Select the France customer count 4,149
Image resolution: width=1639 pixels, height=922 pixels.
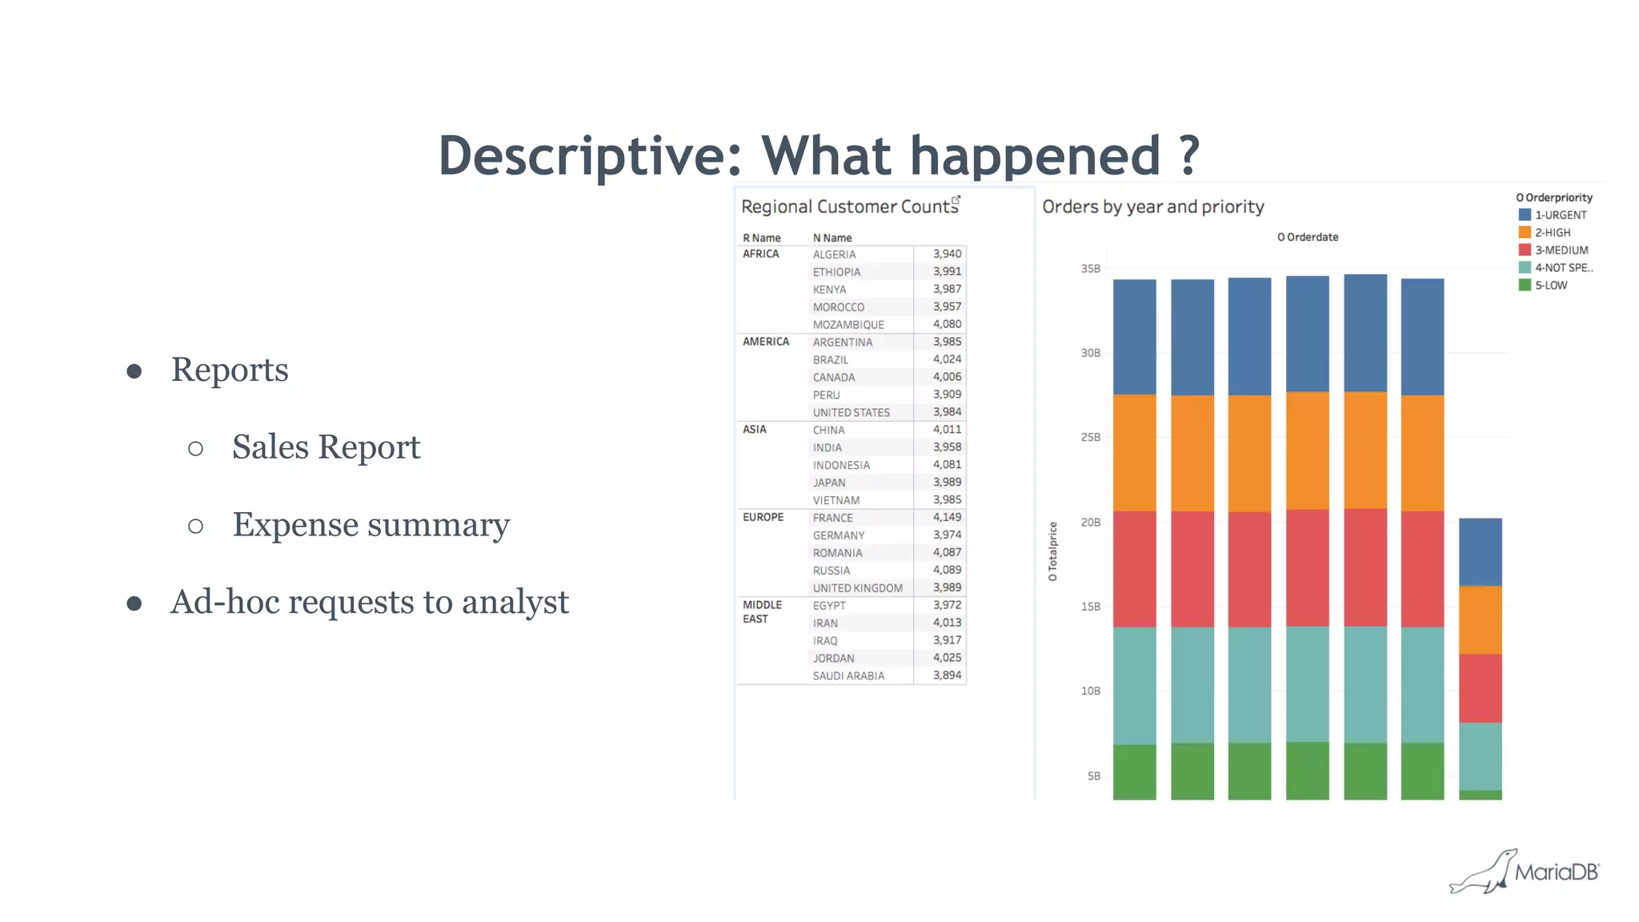(947, 517)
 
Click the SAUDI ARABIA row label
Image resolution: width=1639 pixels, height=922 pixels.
(848, 675)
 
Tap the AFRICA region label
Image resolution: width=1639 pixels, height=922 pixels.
(760, 254)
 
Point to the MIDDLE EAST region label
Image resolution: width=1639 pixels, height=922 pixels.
(761, 611)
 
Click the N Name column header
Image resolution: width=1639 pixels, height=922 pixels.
(832, 238)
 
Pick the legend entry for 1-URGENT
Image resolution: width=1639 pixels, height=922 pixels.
(1560, 214)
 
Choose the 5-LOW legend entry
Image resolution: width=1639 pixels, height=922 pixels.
(1550, 285)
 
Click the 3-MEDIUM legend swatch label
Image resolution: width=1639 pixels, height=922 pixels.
(1561, 250)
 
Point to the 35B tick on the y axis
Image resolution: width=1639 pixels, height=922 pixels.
(1090, 269)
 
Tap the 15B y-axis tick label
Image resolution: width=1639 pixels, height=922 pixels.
(1090, 607)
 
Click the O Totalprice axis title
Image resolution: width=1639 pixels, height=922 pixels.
(1053, 551)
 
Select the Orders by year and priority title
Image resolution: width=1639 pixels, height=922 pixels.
(1152, 206)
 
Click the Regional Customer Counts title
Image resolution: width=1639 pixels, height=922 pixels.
(849, 206)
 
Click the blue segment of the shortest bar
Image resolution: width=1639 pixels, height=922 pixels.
(1480, 551)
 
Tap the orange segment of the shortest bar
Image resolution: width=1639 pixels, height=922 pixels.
(1480, 620)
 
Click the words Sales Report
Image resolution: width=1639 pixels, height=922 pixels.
(326, 447)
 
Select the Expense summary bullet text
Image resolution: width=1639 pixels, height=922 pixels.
(371, 525)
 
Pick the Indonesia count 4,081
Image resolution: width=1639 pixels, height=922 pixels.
(947, 464)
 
